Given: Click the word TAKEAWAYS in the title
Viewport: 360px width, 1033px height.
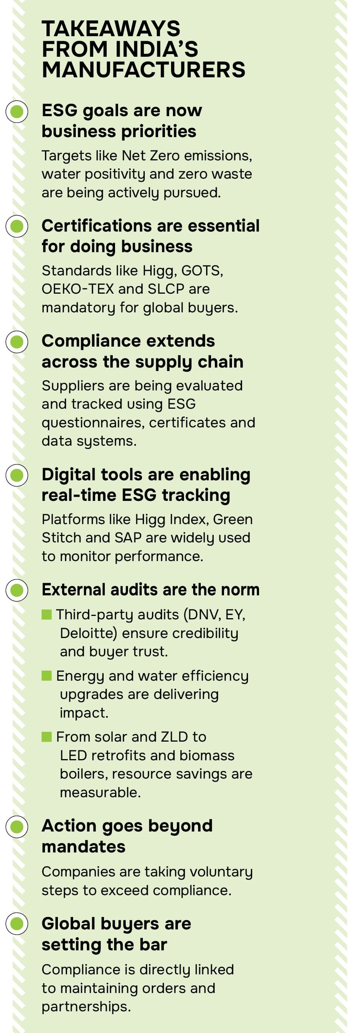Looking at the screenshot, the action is (x=111, y=29).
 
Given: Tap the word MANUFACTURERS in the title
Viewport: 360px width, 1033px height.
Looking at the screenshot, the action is (x=144, y=70).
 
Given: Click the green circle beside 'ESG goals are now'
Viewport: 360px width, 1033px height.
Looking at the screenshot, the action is (x=17, y=112).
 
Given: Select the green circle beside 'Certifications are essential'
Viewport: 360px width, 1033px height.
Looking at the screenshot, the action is (x=17, y=226).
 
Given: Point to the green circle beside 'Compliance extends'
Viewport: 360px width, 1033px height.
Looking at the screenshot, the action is (x=17, y=342).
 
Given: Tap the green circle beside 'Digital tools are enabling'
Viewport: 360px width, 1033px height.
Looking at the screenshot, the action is (x=17, y=475).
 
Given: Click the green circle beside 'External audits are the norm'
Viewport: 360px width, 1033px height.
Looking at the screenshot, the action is (x=17, y=590).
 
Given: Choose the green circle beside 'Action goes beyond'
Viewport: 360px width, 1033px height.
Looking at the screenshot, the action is (x=17, y=827).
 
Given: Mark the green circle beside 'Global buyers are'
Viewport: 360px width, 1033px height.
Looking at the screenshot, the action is (x=17, y=924).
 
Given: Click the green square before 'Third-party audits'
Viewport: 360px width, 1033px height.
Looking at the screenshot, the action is (x=46, y=614).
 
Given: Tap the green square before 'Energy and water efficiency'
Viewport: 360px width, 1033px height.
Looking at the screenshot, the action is (x=46, y=676).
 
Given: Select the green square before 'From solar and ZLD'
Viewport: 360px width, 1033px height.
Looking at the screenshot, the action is (x=46, y=737).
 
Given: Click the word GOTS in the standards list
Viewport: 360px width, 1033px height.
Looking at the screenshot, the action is (x=202, y=271).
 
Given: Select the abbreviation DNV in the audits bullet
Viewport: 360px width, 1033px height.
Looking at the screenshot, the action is (x=203, y=615).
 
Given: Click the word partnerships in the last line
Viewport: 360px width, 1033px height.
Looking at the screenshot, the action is (x=86, y=1007).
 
